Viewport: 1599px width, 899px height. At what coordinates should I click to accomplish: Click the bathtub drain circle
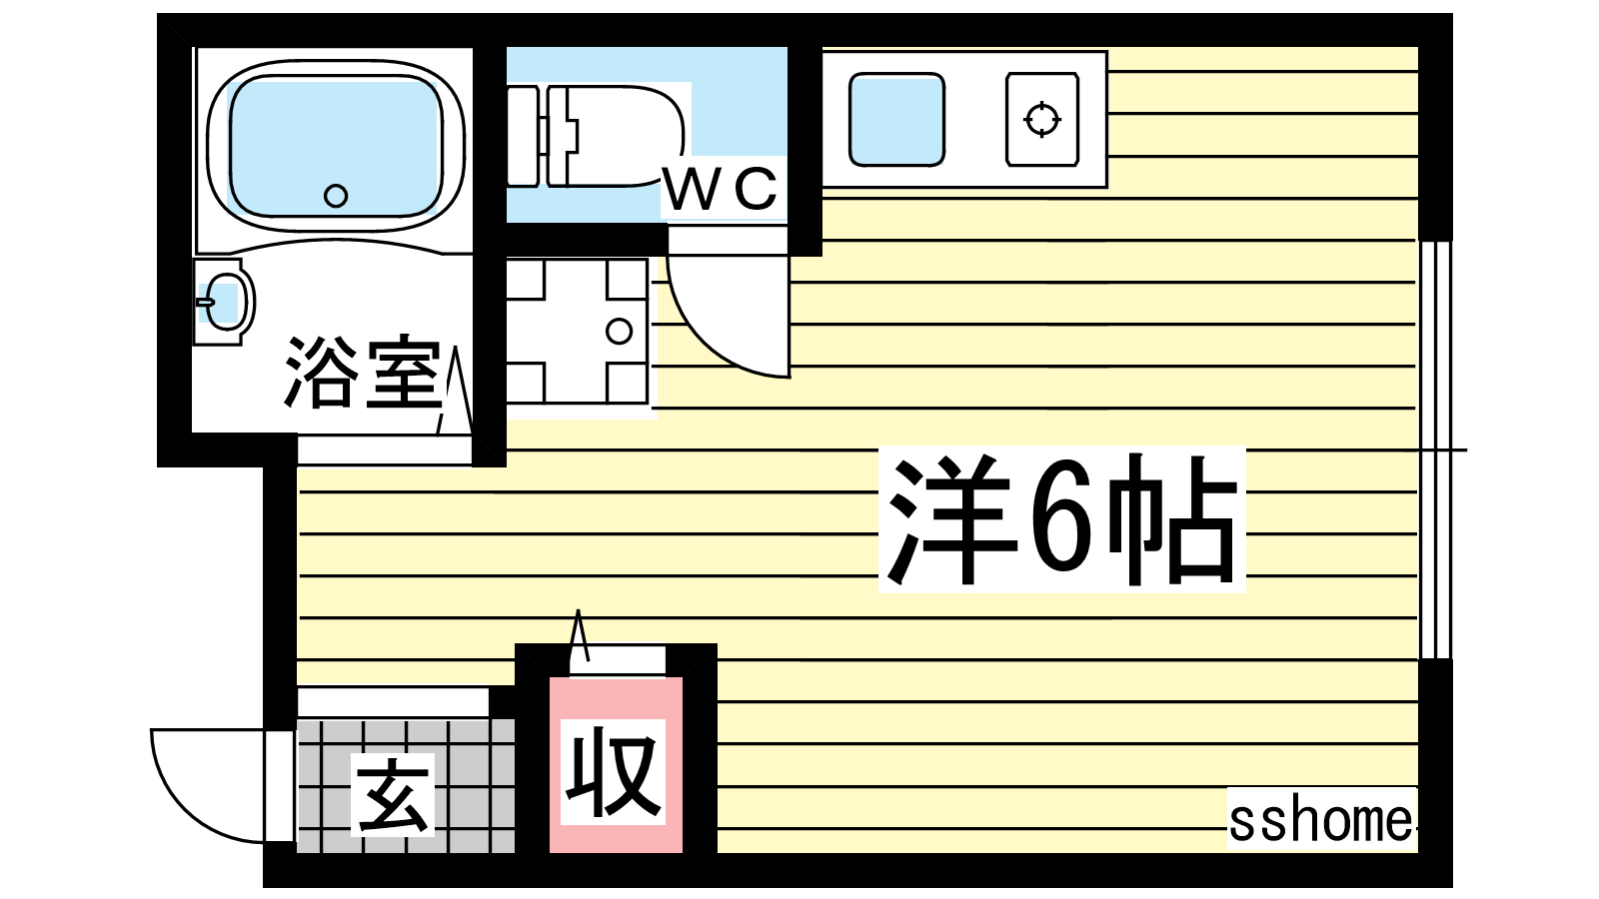(336, 196)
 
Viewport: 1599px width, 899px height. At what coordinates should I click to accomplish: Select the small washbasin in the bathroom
(224, 302)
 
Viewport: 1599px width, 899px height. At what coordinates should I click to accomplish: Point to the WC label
(720, 188)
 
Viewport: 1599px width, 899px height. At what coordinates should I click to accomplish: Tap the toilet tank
(523, 136)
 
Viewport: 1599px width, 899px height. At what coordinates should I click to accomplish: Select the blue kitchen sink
(896, 119)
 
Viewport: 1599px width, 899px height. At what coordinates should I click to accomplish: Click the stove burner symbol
(1042, 119)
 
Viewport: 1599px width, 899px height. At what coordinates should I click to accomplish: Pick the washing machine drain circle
(619, 332)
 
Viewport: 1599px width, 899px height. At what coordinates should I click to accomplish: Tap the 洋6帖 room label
(1061, 519)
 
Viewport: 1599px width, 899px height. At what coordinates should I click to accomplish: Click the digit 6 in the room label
(1060, 519)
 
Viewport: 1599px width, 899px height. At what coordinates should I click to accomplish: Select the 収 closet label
(613, 772)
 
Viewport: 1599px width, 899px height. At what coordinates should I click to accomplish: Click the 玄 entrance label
(393, 794)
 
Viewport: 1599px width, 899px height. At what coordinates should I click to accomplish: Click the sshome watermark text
(1320, 820)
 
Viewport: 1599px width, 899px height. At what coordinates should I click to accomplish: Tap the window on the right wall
(1435, 449)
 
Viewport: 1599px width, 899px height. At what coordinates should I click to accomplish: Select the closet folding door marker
(579, 635)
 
